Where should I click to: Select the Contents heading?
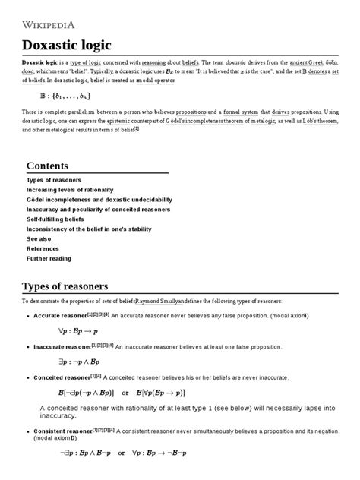point(47,166)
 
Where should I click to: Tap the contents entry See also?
point(39,238)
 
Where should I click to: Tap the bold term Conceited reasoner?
point(62,377)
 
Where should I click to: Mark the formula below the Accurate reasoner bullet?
point(82,330)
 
